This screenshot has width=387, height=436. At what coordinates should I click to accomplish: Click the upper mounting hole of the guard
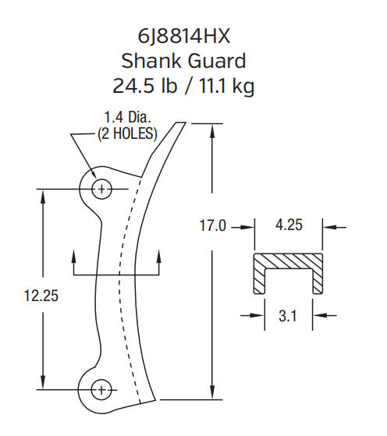101,188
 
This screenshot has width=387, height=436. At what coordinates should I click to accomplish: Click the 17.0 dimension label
212,227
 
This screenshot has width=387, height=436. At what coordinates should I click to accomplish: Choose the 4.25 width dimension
289,227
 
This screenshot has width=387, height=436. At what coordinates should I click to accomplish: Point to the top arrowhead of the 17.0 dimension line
212,127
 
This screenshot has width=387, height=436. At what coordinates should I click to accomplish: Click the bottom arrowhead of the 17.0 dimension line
212,395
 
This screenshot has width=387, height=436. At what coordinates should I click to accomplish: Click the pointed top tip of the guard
183,123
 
